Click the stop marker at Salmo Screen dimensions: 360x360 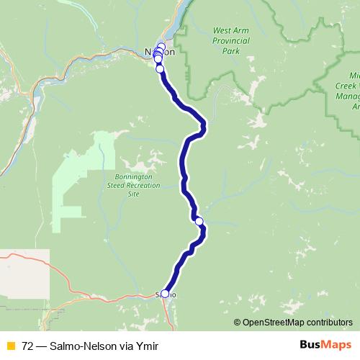pos(165,294)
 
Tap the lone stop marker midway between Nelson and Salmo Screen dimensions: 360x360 pos(199,221)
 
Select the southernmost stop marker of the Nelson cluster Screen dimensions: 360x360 pos(160,70)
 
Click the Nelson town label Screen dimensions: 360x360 pos(160,53)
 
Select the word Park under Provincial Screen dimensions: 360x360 pos(230,52)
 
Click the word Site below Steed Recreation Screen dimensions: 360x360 pos(134,194)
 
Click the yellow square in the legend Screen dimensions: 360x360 pos(9,346)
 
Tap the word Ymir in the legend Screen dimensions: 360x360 pos(146,346)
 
